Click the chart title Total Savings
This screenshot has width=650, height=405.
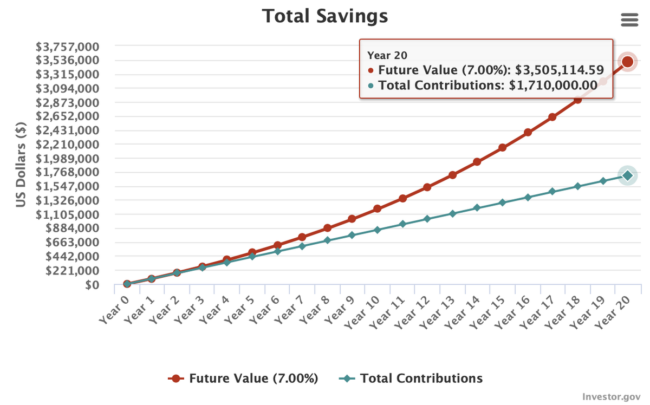[325, 16]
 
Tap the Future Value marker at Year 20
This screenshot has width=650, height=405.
[627, 62]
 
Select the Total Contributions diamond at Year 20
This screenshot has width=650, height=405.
[627, 175]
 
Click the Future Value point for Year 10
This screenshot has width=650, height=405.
[377, 209]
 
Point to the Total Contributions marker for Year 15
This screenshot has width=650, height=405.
[502, 203]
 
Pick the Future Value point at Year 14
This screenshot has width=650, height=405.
[477, 162]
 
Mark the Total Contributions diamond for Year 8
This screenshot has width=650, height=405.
[327, 240]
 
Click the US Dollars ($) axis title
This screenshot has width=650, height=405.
[21, 164]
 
